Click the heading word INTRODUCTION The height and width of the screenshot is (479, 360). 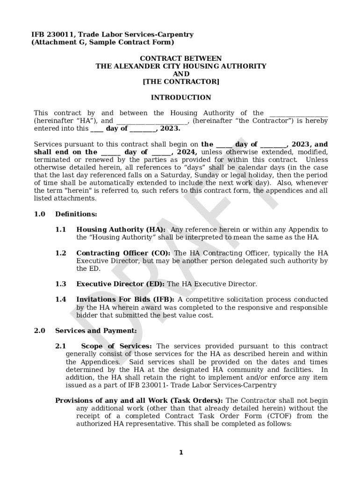180,98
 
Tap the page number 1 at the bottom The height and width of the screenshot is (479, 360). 181,452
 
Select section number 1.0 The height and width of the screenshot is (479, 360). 39,214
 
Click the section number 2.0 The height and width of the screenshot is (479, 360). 39,331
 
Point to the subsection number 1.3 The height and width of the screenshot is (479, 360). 60,284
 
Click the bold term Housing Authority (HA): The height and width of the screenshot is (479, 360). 121,230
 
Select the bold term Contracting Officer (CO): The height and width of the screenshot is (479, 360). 124,253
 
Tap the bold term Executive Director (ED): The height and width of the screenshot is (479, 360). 120,284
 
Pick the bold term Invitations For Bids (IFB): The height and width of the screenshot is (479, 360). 125,299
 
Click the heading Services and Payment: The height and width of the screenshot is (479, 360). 96,331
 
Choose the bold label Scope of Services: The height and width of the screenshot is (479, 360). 116,346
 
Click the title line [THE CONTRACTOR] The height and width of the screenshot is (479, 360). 180,82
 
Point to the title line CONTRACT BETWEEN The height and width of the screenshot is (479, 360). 181,58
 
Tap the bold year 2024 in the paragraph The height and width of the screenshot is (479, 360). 186,152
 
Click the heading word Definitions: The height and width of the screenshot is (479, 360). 76,214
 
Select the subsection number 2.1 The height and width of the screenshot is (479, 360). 60,346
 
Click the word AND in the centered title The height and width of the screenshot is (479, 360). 181,74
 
